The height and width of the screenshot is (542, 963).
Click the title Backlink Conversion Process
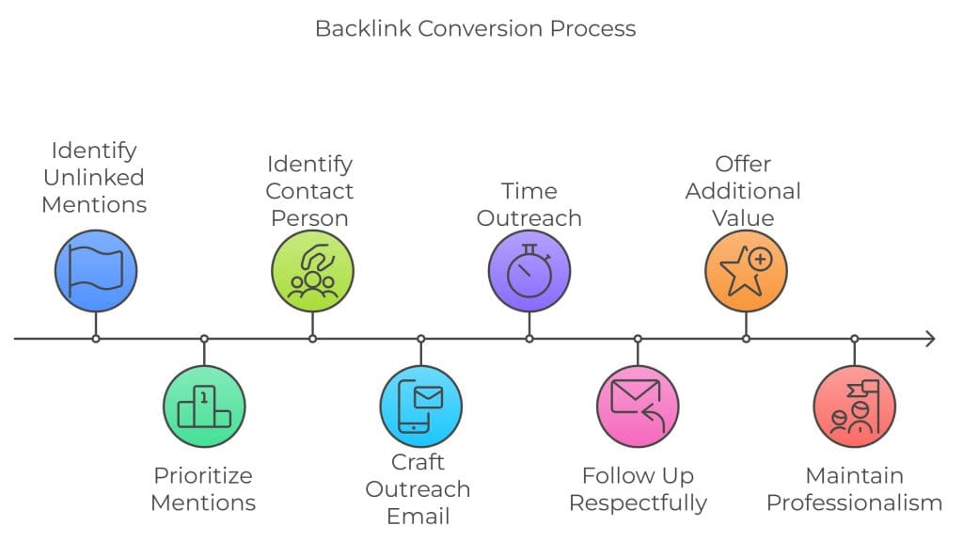pyautogui.click(x=475, y=28)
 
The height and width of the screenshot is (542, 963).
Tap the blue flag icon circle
pyautogui.click(x=95, y=271)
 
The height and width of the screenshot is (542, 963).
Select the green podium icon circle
pyautogui.click(x=204, y=406)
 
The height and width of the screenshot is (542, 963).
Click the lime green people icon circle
pyautogui.click(x=312, y=271)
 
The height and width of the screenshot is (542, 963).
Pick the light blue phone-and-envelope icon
pyautogui.click(x=420, y=406)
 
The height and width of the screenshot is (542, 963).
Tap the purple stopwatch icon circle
pyautogui.click(x=529, y=271)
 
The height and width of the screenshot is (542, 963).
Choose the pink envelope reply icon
pyautogui.click(x=638, y=406)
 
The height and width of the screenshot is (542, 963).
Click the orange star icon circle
pyautogui.click(x=746, y=271)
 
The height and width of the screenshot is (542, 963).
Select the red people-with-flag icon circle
pyautogui.click(x=854, y=406)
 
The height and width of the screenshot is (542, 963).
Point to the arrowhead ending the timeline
pyautogui.click(x=930, y=339)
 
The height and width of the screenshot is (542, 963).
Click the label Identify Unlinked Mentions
pyautogui.click(x=94, y=177)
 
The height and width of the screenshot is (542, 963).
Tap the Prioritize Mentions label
pyautogui.click(x=203, y=488)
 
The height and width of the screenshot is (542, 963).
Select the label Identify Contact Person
pyautogui.click(x=308, y=191)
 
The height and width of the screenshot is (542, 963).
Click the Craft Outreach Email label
pyautogui.click(x=418, y=489)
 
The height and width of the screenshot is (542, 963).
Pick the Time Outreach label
pyautogui.click(x=529, y=204)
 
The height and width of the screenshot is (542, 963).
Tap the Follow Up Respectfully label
pyautogui.click(x=638, y=488)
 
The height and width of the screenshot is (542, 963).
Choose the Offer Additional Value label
pyautogui.click(x=743, y=191)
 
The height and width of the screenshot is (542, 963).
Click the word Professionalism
pyautogui.click(x=854, y=502)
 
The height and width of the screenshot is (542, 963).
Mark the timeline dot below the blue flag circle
pyautogui.click(x=95, y=339)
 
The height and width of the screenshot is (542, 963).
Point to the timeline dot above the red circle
pyautogui.click(x=854, y=339)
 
